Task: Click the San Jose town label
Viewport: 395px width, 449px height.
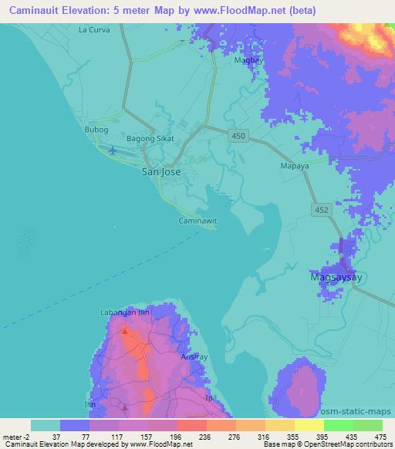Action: click(161, 172)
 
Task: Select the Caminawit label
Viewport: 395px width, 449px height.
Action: click(197, 220)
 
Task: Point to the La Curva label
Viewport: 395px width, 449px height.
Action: click(94, 29)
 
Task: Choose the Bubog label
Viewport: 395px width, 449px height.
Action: click(96, 130)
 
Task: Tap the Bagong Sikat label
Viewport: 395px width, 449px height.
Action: click(150, 139)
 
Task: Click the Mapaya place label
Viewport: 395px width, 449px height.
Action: click(292, 165)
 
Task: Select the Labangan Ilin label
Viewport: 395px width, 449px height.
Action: click(123, 312)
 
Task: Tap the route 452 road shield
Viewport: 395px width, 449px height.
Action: click(322, 209)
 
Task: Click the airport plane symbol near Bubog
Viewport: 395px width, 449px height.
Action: click(113, 150)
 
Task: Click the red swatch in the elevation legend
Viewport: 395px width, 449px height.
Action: click(191, 425)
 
